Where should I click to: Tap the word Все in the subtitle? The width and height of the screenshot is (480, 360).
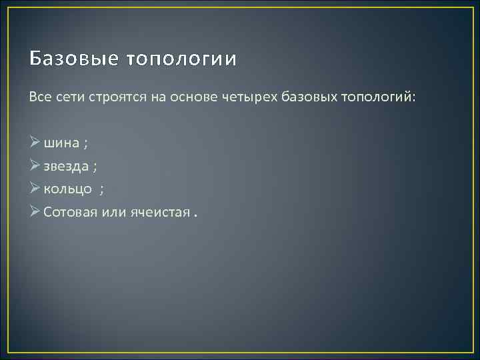pyautogui.click(x=39, y=97)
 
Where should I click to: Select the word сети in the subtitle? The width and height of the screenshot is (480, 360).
pyautogui.click(x=68, y=97)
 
